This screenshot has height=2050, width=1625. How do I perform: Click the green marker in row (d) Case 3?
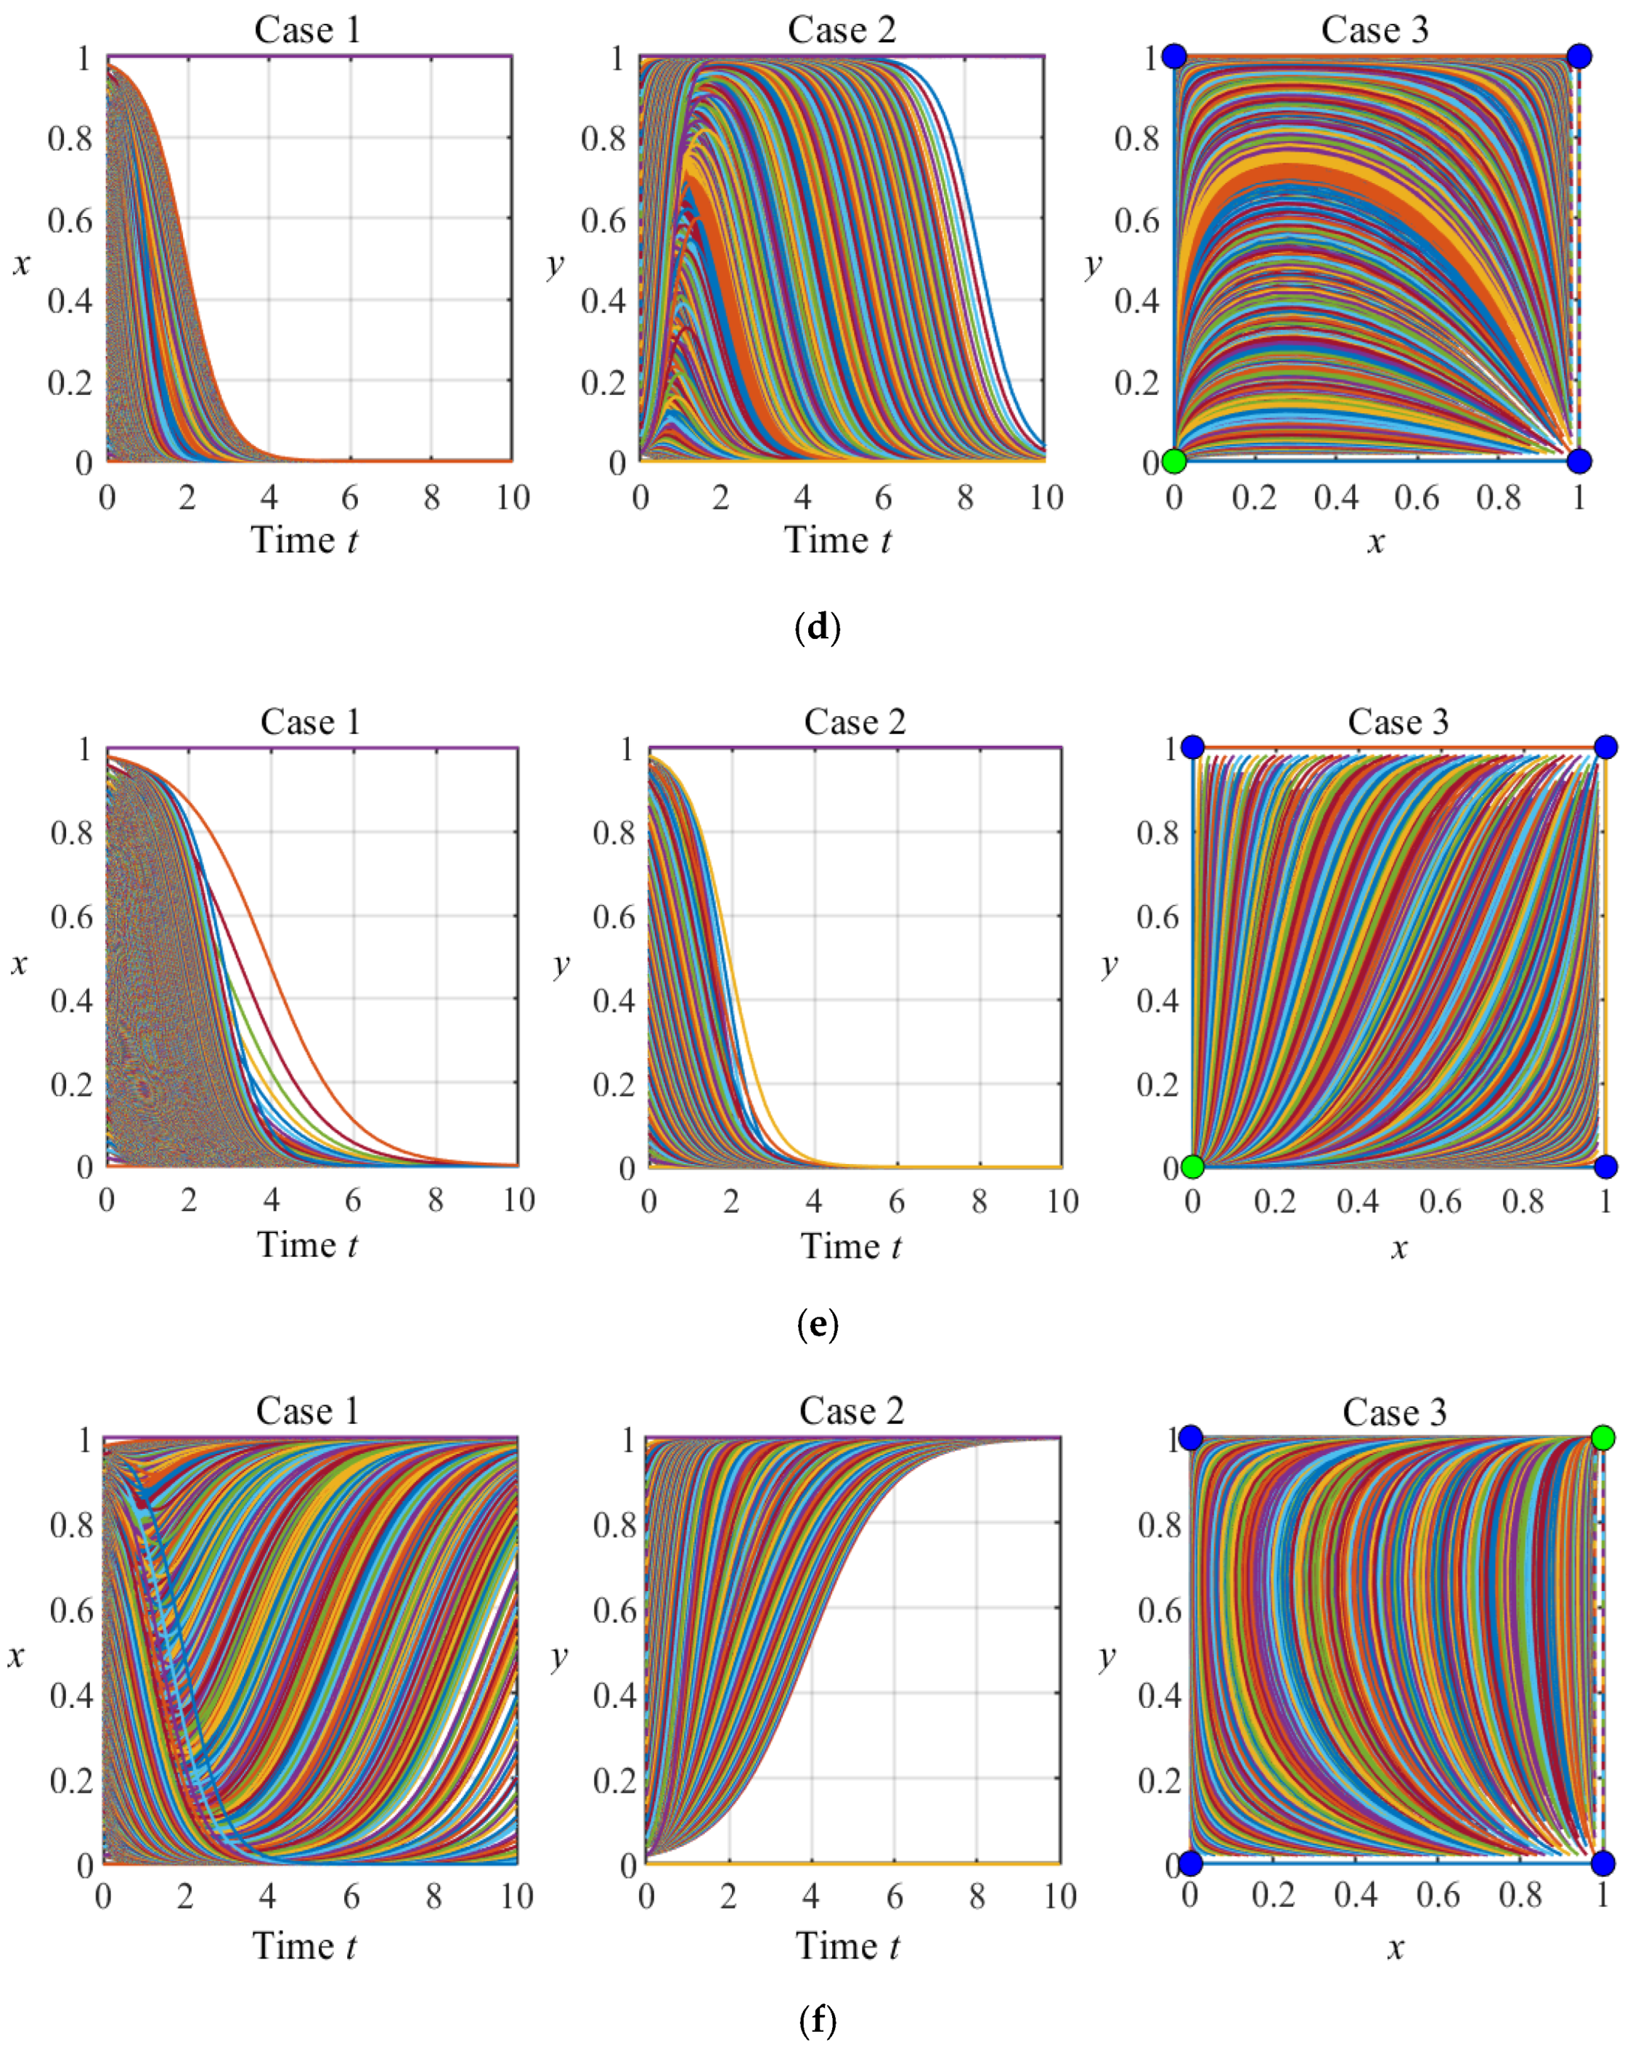1174,461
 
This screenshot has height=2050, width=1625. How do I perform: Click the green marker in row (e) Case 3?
1192,1167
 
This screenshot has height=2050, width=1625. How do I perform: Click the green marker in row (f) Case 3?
1603,1438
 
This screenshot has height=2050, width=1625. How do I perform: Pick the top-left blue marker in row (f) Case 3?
1191,1438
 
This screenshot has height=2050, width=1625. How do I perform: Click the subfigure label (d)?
817,627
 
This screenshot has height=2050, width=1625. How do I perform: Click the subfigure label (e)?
817,1324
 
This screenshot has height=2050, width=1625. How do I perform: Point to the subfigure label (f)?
817,2020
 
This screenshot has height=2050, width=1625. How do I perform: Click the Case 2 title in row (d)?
842,30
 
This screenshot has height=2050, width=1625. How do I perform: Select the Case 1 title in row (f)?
308,1411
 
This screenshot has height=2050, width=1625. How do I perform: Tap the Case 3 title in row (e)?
1398,722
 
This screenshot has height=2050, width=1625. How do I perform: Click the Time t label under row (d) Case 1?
304,540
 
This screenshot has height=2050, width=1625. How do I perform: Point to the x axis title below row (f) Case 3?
1395,1948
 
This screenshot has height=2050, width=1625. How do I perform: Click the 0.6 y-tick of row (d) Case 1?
70,221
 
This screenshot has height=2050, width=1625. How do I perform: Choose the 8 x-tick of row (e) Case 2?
980,1202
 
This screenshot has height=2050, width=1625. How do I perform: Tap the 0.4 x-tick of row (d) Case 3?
1336,497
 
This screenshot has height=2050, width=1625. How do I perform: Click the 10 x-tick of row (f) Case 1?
516,1896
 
